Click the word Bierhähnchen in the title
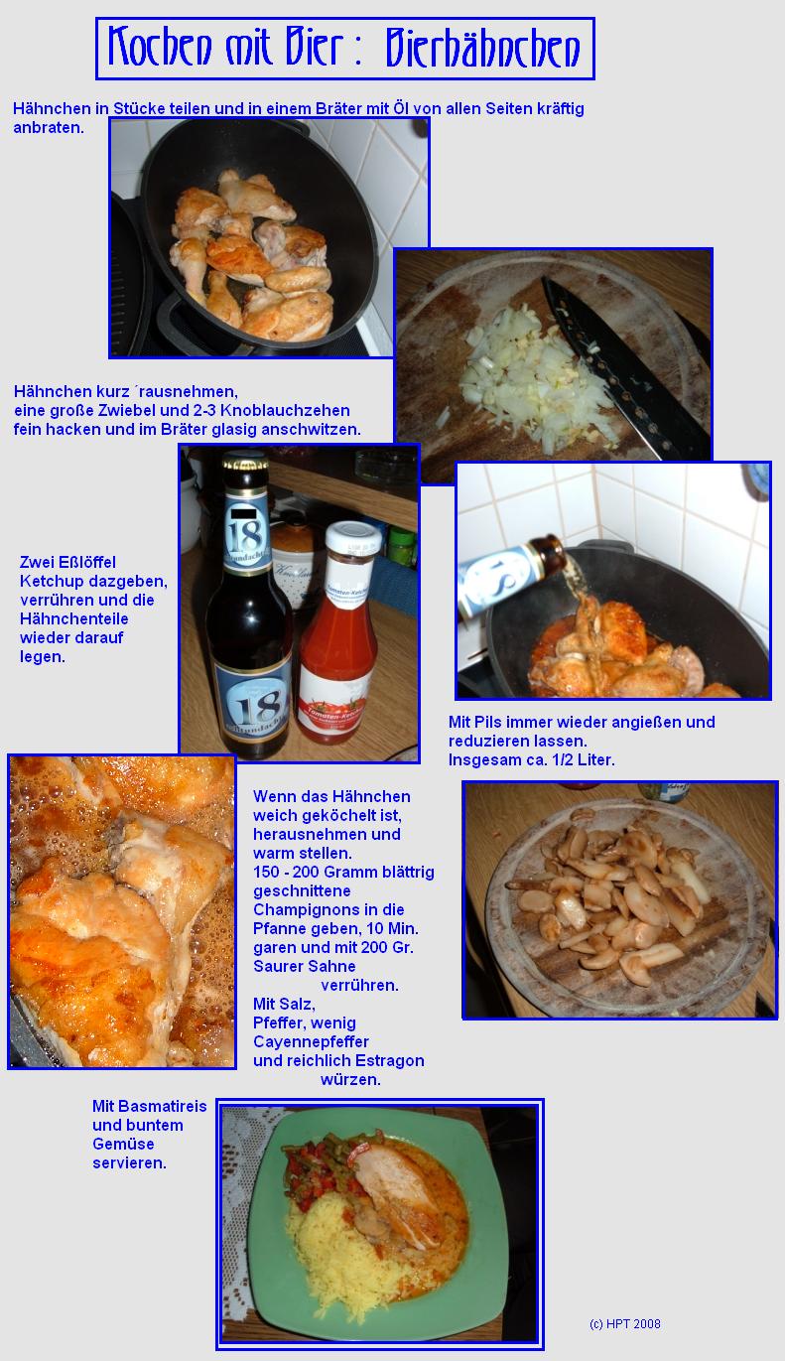click(483, 48)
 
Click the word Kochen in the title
click(160, 47)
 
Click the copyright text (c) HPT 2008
click(624, 1324)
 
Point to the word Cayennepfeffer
click(311, 1042)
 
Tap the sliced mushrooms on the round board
click(613, 875)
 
